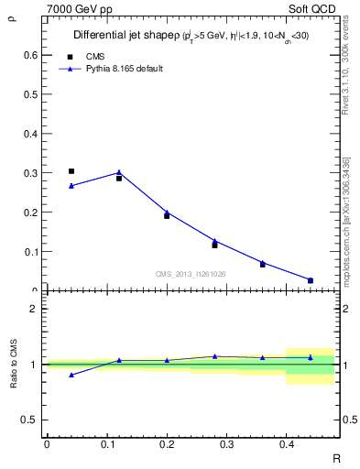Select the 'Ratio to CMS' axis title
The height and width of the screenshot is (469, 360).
point(13,364)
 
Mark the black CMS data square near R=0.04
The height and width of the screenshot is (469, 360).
point(71,171)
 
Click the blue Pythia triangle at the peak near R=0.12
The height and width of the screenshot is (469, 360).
point(119,172)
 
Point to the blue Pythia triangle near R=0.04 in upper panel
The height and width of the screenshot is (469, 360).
point(71,186)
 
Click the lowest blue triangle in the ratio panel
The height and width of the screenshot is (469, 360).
point(71,375)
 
